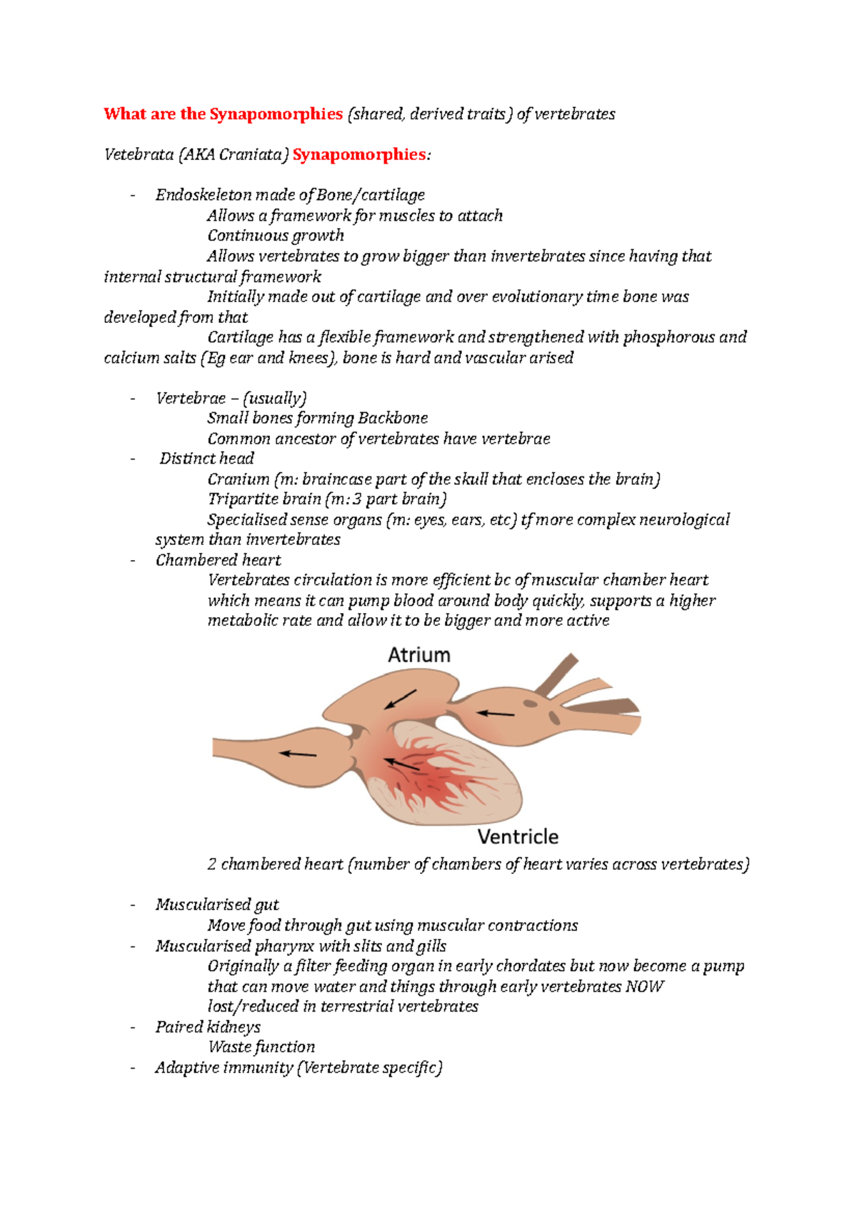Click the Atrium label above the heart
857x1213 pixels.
(419, 655)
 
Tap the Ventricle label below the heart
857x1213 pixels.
(518, 837)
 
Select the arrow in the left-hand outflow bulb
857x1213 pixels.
(298, 754)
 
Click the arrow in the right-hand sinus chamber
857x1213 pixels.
(496, 713)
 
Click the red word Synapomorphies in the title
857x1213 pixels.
(276, 114)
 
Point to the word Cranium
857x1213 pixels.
(239, 479)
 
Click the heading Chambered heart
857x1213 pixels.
(218, 560)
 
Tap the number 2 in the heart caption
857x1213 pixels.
(212, 864)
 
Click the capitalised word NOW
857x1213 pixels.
(644, 987)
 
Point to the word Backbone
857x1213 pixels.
(393, 419)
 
